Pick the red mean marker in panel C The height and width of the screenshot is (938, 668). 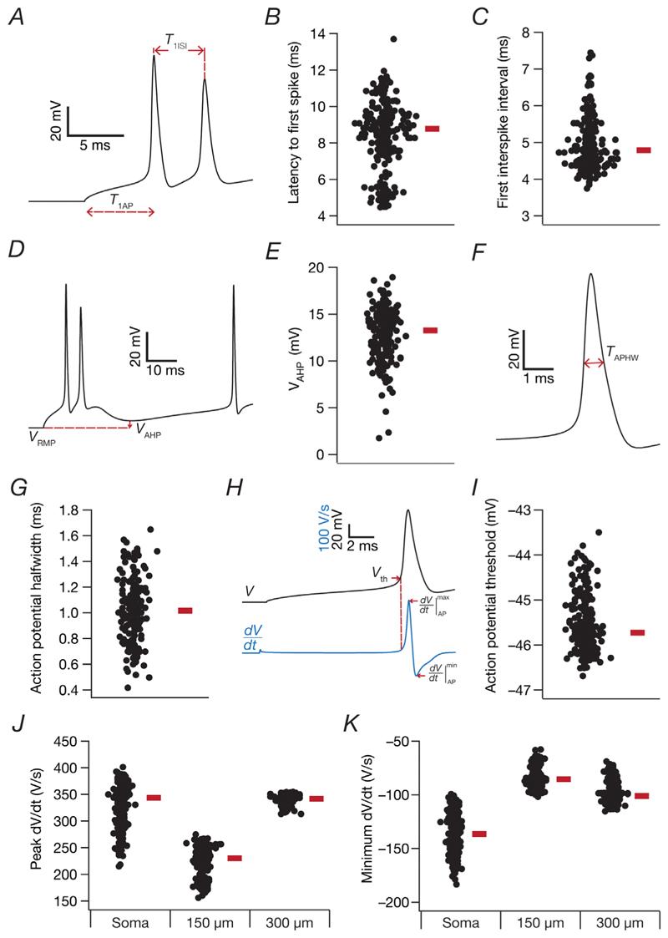(644, 150)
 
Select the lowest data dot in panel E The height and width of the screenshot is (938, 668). (380, 438)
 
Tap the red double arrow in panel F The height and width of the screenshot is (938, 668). (594, 363)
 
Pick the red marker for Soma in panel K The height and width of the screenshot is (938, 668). (478, 834)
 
